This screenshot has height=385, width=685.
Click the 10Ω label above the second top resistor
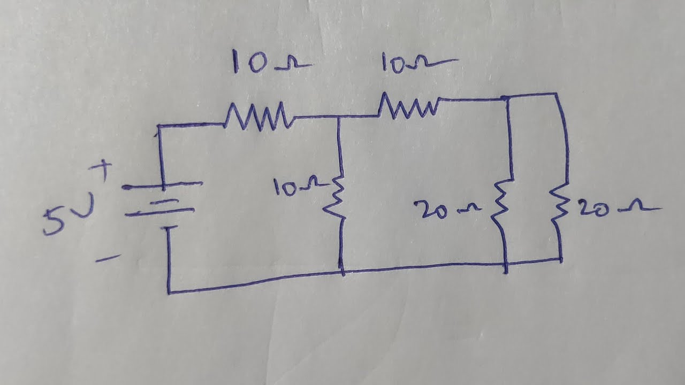point(417,63)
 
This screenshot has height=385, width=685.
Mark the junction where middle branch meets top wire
point(338,117)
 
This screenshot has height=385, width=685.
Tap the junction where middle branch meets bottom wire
point(342,272)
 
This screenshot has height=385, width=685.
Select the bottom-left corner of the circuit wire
point(169,292)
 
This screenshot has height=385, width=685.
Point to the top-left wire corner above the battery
point(159,127)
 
